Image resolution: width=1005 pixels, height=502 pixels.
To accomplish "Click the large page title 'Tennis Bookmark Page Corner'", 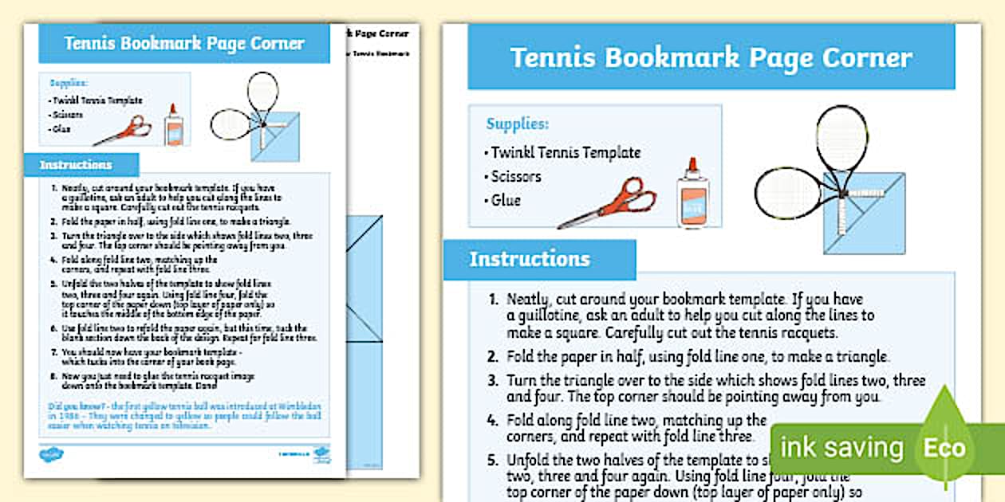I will click(711, 58).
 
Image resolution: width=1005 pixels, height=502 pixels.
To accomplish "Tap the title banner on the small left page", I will click(184, 43).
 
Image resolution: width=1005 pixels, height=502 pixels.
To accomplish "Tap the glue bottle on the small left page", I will click(173, 125).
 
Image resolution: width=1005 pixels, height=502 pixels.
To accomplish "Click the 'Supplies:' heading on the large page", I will click(517, 124).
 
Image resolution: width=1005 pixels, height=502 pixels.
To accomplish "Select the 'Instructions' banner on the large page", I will click(530, 260).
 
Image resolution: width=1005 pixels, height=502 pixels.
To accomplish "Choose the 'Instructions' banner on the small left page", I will click(77, 165).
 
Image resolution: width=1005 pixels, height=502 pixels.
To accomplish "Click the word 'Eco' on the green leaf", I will click(944, 448).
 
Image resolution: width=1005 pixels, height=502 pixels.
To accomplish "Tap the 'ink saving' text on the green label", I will click(841, 448).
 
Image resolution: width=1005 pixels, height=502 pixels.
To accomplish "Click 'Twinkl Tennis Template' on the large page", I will click(565, 152).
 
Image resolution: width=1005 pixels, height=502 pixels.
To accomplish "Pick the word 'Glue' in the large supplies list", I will click(506, 200).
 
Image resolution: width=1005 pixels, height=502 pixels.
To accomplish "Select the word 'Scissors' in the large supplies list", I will click(515, 176).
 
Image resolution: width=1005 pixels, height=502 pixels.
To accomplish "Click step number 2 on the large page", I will click(495, 357).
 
